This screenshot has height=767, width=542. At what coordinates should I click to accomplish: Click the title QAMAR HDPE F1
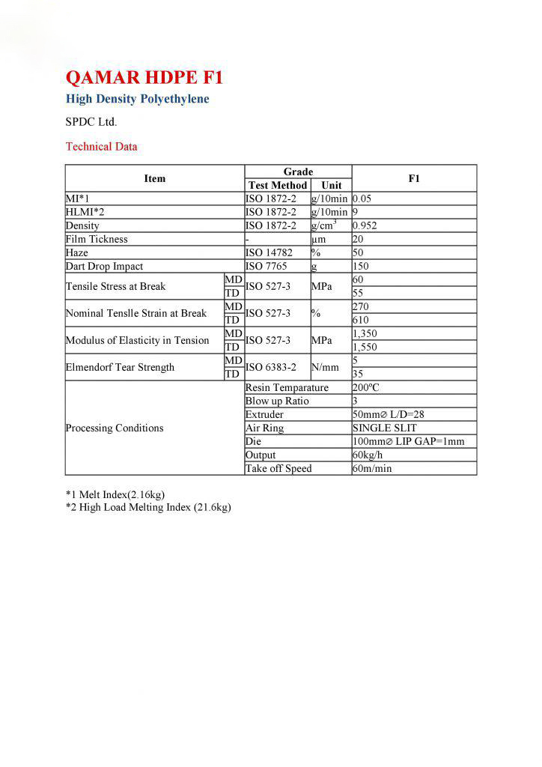[144, 78]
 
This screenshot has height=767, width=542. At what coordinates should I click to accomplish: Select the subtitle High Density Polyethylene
[137, 99]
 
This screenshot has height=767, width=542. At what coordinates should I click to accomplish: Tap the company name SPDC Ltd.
[91, 121]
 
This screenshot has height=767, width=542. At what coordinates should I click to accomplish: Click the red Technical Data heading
[101, 147]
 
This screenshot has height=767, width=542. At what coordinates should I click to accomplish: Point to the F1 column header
[414, 178]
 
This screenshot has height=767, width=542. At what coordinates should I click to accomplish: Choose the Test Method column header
[278, 185]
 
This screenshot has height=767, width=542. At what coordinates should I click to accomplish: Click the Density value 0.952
[365, 225]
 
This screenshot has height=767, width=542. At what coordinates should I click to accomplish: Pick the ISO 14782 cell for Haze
[267, 252]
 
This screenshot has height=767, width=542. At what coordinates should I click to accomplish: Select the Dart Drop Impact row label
[104, 266]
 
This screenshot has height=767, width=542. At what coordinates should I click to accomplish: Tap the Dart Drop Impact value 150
[361, 266]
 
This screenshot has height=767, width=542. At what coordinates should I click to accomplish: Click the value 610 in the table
[361, 320]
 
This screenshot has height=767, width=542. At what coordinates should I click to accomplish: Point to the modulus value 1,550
[365, 347]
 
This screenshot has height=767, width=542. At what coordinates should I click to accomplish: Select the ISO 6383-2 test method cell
[271, 367]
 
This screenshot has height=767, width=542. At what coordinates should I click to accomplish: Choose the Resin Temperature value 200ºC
[367, 388]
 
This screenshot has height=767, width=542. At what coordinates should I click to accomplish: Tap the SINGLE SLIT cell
[384, 428]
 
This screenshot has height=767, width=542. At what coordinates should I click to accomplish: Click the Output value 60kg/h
[368, 455]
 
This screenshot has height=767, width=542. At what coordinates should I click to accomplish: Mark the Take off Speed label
[278, 468]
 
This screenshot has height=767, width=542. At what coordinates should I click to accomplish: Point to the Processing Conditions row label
[115, 428]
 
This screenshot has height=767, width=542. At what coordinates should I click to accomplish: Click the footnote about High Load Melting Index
[148, 508]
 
